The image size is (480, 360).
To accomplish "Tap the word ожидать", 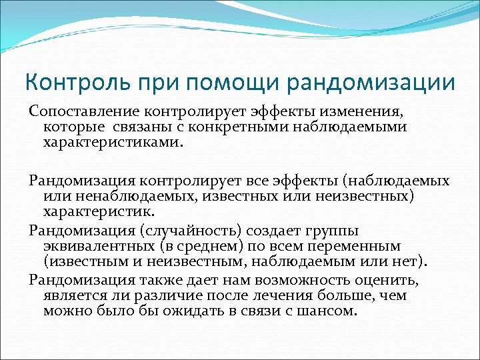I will click(196, 311).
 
